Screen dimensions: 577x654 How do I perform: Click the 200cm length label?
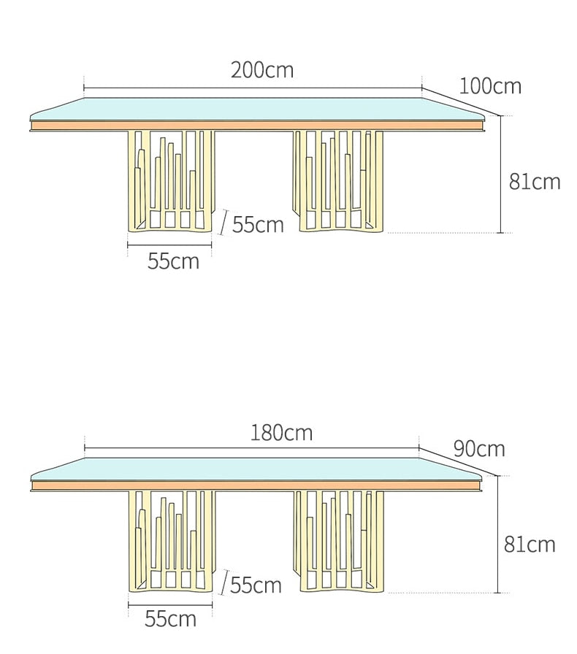262,70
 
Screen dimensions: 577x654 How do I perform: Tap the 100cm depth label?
490,86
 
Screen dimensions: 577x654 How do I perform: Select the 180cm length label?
281,433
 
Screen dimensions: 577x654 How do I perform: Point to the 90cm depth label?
479,449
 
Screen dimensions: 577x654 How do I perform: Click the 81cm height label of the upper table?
535,182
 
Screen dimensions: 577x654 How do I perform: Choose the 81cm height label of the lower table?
530,545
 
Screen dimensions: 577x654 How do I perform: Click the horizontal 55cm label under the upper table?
173,261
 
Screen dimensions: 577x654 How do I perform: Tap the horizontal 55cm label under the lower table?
170,618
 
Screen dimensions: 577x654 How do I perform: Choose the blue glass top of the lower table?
256,469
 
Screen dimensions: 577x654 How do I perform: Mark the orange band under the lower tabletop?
257,486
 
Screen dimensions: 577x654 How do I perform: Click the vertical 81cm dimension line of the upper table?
500,174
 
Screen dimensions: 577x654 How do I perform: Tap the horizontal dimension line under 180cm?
252,448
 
